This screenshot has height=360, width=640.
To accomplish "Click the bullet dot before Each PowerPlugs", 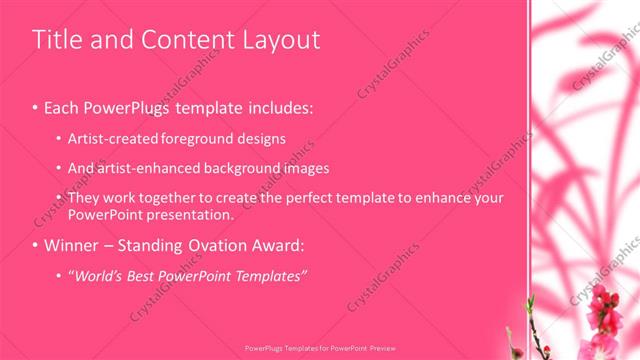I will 36,106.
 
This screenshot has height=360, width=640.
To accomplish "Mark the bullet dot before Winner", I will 36,246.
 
